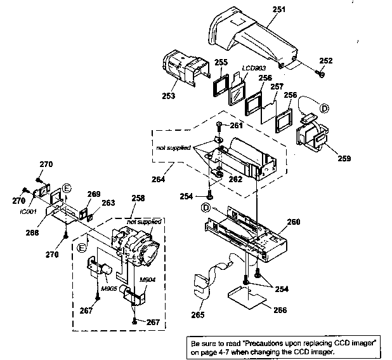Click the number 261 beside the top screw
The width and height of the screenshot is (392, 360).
tap(237, 125)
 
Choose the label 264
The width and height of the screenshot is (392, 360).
tap(159, 179)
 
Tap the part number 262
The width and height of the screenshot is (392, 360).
tap(235, 178)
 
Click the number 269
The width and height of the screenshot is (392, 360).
tap(93, 194)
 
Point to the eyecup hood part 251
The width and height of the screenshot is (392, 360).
tap(254, 38)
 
